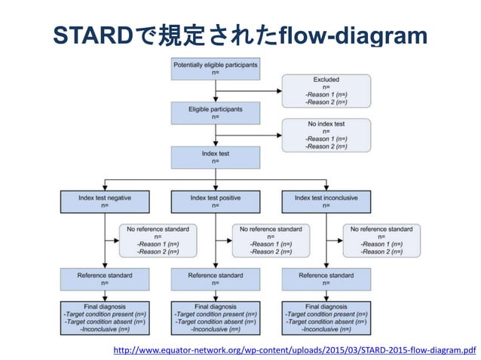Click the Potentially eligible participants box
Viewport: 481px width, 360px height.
coord(216,69)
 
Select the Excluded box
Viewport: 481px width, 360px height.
coord(326,90)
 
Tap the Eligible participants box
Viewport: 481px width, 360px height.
coord(216,113)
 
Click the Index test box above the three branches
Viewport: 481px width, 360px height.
coord(216,157)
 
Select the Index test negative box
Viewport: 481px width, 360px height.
coord(105,201)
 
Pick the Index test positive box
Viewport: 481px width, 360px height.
coord(216,201)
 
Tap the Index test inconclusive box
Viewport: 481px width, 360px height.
coord(326,201)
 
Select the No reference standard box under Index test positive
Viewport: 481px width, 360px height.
coord(270,239)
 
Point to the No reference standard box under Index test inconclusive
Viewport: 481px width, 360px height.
coord(381,239)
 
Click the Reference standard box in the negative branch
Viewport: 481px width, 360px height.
coord(105,279)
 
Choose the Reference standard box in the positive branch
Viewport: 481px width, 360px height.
coord(216,279)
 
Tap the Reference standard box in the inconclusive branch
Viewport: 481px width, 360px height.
coord(326,279)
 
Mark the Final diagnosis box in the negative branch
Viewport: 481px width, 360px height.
coord(105,318)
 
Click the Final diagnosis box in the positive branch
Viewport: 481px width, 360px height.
coord(216,318)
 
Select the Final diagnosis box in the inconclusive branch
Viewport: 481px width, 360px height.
coord(326,318)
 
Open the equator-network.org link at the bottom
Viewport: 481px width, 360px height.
coord(294,349)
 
